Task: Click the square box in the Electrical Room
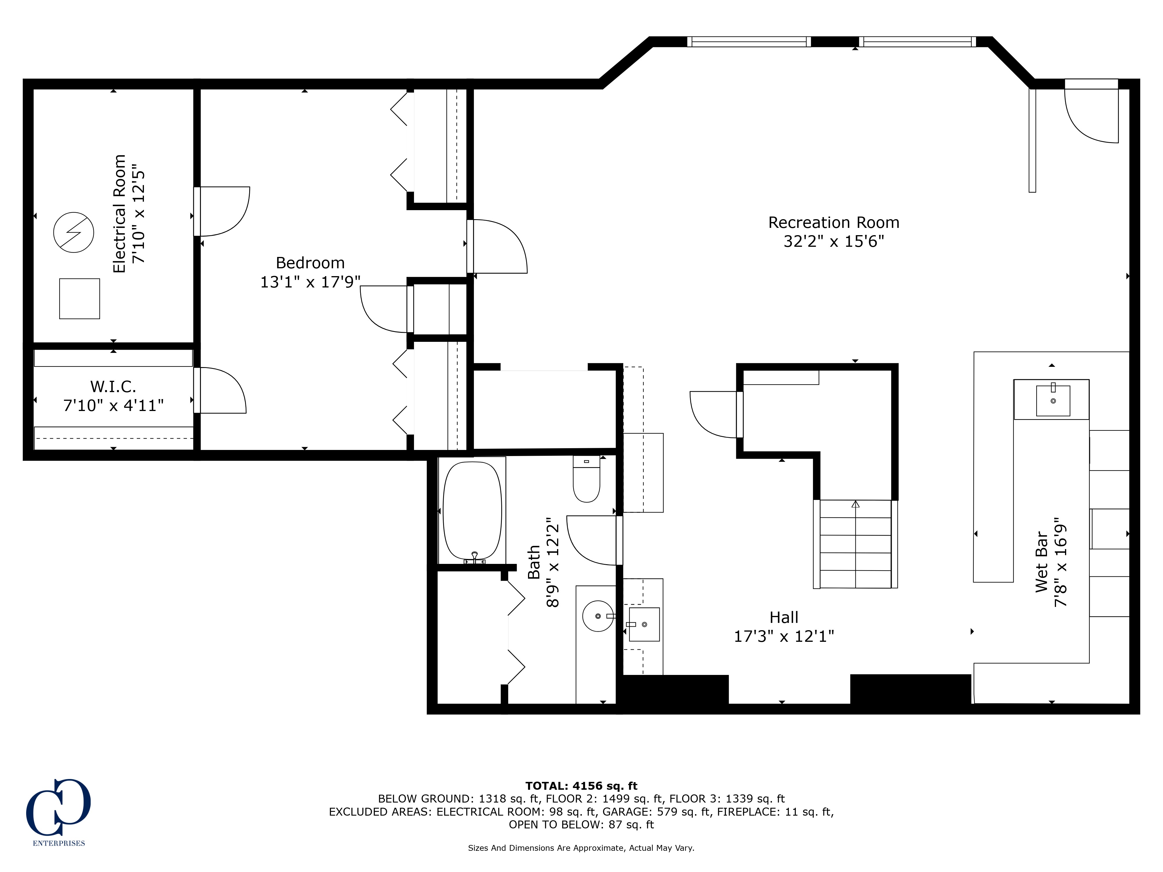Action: point(79,299)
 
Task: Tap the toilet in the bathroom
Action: point(586,479)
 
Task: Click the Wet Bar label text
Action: point(1041,562)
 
